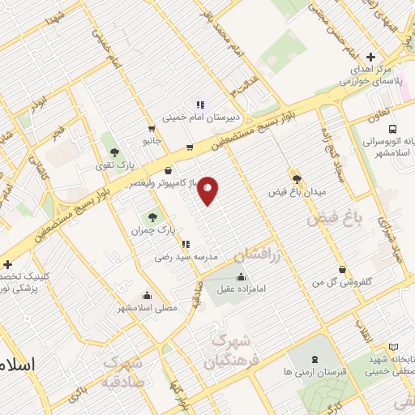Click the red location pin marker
pos(208,190)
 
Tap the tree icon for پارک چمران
pos(152,217)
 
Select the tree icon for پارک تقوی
pos(114,152)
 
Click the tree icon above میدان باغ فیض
pos(297,179)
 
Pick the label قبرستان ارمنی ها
pos(317,370)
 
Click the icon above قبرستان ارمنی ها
pos(315,358)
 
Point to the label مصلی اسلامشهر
pos(146,308)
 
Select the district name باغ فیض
pos(332,217)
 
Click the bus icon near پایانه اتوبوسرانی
pos(392,128)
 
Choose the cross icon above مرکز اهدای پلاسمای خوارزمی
pos(370,57)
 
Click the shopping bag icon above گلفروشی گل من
pos(342,270)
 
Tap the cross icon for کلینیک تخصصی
pos(7,264)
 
